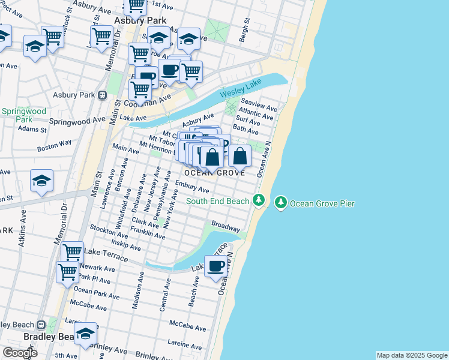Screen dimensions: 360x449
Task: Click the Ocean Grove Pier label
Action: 322,203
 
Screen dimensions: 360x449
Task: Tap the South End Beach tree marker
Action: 259,200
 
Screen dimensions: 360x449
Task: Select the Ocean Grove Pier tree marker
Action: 280,203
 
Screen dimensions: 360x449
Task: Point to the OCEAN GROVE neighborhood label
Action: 214,173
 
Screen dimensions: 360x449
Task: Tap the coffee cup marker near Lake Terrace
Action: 216,265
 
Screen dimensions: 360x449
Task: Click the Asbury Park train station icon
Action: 103,95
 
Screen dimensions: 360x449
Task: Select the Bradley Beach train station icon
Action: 41,325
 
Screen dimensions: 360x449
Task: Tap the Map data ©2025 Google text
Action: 411,355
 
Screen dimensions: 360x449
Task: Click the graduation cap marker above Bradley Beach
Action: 85,333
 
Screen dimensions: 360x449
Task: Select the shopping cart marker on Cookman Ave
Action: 139,89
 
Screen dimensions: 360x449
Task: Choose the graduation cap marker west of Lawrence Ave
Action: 41,181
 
